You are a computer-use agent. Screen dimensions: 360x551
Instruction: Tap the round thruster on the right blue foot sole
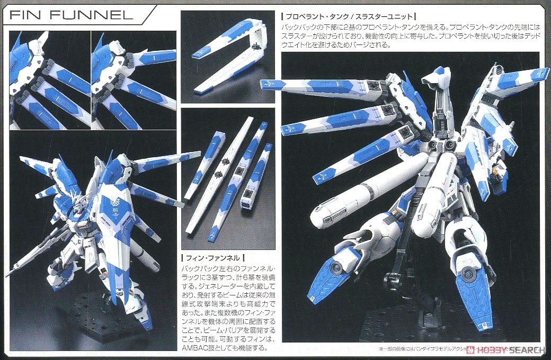(x=468, y=274)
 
